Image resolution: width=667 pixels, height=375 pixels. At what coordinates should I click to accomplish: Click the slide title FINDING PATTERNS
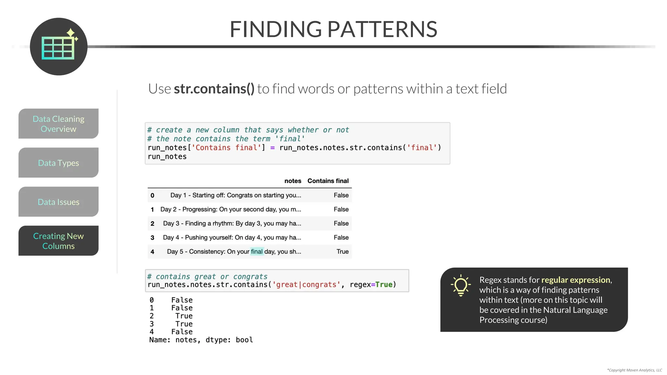[333, 29]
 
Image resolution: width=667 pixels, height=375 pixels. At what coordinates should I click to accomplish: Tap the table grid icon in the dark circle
[58, 48]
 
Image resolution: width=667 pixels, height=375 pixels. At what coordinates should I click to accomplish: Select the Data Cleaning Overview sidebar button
[59, 124]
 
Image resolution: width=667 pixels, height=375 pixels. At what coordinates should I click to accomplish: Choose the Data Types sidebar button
[59, 163]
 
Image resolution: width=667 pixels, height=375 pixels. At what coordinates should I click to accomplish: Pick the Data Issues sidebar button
[59, 202]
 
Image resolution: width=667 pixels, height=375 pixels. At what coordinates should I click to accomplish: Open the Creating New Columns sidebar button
[59, 241]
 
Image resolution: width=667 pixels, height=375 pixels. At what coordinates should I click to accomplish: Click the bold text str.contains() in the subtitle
[214, 89]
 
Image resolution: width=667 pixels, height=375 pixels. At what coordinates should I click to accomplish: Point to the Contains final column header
[328, 181]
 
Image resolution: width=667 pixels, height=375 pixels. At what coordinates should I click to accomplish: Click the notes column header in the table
[292, 181]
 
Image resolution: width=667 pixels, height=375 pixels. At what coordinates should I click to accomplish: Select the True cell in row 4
[342, 252]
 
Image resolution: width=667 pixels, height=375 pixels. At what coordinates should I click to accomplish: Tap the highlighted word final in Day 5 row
[257, 252]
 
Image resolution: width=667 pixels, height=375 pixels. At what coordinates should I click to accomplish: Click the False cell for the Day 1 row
[341, 195]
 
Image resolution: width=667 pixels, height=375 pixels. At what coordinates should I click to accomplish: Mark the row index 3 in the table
[152, 238]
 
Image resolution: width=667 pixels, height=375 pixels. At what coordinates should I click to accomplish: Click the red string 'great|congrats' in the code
[306, 285]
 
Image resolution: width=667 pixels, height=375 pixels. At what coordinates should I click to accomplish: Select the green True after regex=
[384, 285]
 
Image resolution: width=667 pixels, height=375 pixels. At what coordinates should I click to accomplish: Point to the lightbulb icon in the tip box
[461, 285]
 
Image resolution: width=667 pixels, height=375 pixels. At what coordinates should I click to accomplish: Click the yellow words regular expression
[575, 280]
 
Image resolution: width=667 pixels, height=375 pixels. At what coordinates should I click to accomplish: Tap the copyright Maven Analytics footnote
[634, 370]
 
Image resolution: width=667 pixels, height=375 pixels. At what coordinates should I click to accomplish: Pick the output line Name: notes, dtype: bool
[201, 340]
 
